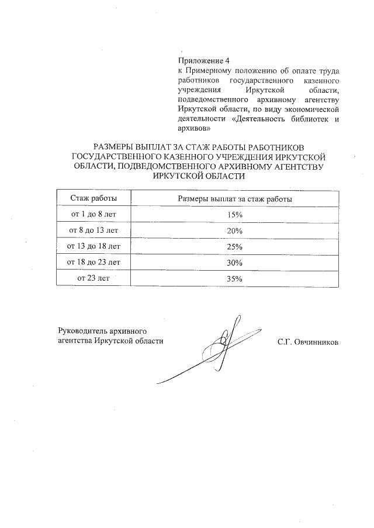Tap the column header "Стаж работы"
coord(93,199)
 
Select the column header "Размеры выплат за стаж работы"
coord(234,199)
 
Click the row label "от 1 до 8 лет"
coord(93,215)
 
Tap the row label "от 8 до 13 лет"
coord(93,230)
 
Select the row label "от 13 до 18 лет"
coord(93,246)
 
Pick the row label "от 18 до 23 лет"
coord(93,262)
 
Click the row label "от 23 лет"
coord(93,278)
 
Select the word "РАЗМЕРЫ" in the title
coord(115,148)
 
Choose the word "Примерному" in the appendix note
coord(205,71)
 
